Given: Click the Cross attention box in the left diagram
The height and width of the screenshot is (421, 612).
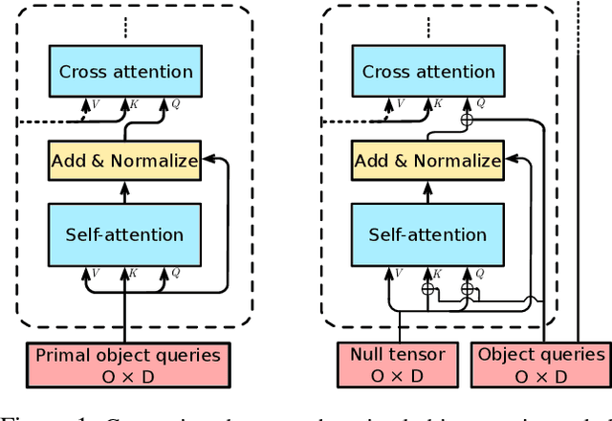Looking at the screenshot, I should pos(125,72).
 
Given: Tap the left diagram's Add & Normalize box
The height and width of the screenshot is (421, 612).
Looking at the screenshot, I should pos(125,160).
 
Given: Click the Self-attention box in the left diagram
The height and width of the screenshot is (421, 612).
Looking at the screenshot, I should pos(125,234).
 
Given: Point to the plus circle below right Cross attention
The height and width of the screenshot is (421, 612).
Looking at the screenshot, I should pos(468,121).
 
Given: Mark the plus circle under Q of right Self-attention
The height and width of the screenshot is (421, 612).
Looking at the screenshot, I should pos(468,287).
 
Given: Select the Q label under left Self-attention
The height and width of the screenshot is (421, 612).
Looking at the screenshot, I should pos(173,272).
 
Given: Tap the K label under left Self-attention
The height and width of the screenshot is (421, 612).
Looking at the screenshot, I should pos(134,272).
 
